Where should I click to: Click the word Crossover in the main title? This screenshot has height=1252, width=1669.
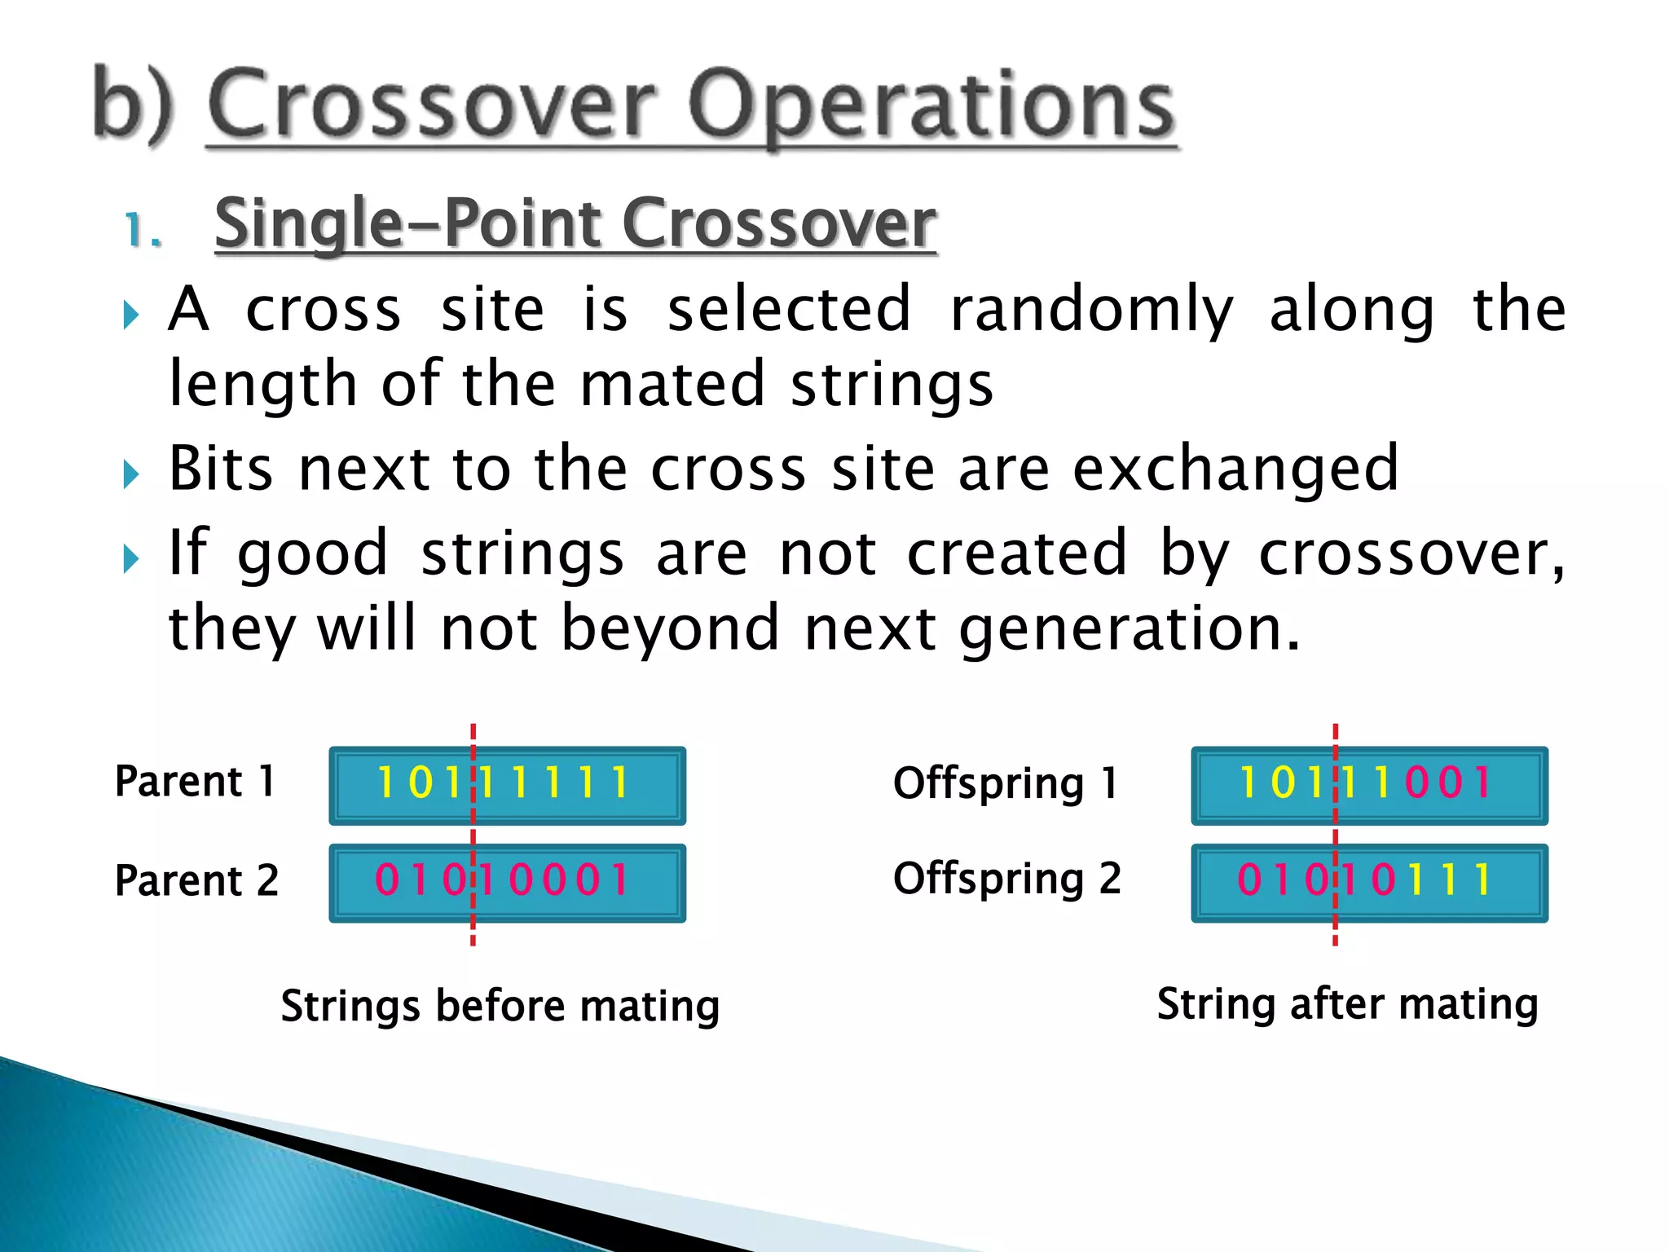[x=431, y=106]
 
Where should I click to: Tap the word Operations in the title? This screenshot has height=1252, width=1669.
[x=931, y=106]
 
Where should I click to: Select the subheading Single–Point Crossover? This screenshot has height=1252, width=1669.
[x=575, y=223]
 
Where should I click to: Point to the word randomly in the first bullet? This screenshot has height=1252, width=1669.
[x=1091, y=311]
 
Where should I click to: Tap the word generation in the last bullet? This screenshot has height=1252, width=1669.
[x=1128, y=628]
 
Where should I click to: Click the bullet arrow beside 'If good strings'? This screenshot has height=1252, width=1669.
[x=131, y=558]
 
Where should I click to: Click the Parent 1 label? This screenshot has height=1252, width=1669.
[x=195, y=782]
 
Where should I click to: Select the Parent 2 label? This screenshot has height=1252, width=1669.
[x=196, y=881]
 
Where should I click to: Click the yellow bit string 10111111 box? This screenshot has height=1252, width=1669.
[x=507, y=785]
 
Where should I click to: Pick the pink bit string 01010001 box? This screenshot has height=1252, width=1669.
[x=507, y=882]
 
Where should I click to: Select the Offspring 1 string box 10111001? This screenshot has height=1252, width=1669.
[x=1369, y=785]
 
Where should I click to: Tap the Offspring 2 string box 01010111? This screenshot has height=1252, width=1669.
[x=1369, y=882]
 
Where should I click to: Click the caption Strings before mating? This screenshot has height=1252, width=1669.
[x=500, y=1006]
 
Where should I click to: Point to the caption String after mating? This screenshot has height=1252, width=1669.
[x=1347, y=1004]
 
